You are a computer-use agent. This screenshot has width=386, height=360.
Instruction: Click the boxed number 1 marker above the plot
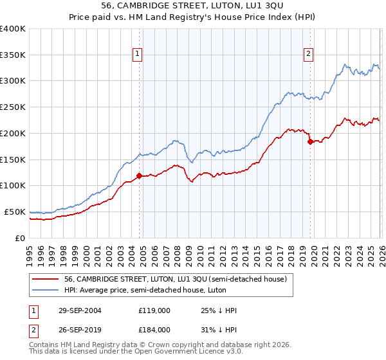pyautogui.click(x=138, y=55)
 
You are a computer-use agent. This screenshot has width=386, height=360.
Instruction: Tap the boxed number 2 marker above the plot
pyautogui.click(x=309, y=55)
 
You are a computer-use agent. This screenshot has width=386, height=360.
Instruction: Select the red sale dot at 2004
pyautogui.click(x=140, y=175)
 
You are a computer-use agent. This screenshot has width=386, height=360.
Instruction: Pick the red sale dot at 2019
pyautogui.click(x=310, y=141)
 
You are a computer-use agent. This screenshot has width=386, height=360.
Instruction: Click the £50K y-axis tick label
pyautogui.click(x=14, y=212)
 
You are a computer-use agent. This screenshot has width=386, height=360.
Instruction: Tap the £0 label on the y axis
pyautogui.click(x=19, y=238)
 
